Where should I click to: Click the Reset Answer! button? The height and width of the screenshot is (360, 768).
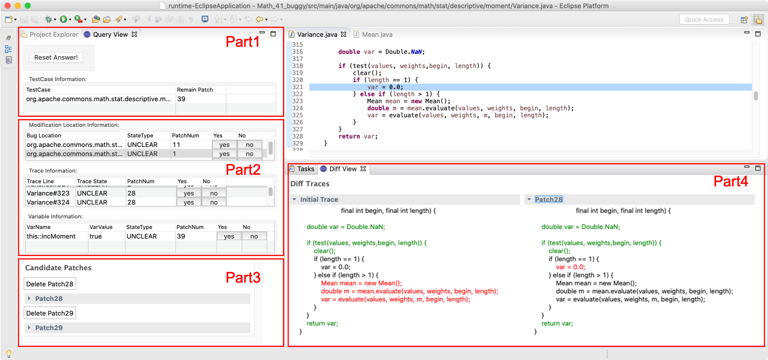pyautogui.click(x=56, y=58)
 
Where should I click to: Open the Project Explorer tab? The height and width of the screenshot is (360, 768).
pyautogui.click(x=50, y=34)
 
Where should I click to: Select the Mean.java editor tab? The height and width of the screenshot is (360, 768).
pyautogui.click(x=373, y=34)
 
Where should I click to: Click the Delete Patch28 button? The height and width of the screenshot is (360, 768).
pyautogui.click(x=50, y=284)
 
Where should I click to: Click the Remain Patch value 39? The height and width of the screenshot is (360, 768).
pyautogui.click(x=181, y=99)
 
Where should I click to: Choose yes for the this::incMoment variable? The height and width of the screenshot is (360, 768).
pyautogui.click(x=229, y=236)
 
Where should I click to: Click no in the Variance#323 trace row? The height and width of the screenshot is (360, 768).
pyautogui.click(x=214, y=193)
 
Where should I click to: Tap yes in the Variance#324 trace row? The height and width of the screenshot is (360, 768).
pyautogui.click(x=189, y=202)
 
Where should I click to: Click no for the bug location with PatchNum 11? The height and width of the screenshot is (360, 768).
pyautogui.click(x=250, y=145)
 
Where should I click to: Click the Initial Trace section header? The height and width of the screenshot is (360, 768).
pyautogui.click(x=319, y=200)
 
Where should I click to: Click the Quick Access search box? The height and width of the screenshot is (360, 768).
pyautogui.click(x=704, y=19)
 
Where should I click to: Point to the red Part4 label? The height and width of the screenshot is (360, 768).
pyautogui.click(x=730, y=181)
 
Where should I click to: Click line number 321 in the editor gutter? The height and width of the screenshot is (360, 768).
pyautogui.click(x=298, y=87)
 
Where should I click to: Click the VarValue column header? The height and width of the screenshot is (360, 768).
pyautogui.click(x=101, y=227)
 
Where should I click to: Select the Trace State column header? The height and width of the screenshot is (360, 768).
pyautogui.click(x=92, y=181)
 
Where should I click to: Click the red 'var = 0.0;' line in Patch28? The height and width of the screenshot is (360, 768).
pyautogui.click(x=570, y=267)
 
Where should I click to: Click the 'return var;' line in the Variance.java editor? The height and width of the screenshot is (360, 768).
pyautogui.click(x=358, y=136)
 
